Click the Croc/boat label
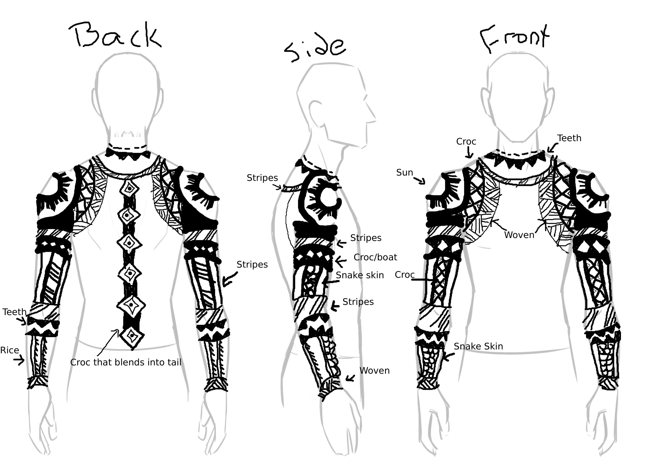point(375,257)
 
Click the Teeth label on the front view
point(569,138)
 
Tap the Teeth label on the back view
point(14,312)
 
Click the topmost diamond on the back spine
point(129,189)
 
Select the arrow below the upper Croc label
point(469,152)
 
